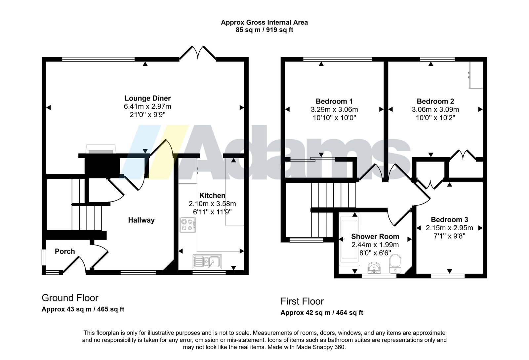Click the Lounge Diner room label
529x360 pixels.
(147, 98)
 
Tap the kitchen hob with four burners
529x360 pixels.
(187, 225)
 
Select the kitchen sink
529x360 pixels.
(207, 262)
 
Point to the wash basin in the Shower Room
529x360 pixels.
(374, 268)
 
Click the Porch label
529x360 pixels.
(65, 251)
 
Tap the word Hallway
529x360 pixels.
(141, 220)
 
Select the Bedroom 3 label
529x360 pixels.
(449, 220)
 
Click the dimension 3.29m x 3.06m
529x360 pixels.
(334, 110)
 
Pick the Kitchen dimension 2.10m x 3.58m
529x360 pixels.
(212, 203)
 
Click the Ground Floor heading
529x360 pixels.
(70, 298)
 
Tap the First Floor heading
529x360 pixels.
(302, 301)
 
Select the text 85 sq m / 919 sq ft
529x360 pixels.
(264, 30)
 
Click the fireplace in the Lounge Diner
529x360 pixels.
(101, 149)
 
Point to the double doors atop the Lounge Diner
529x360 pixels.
(198, 53)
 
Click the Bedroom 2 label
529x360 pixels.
(435, 101)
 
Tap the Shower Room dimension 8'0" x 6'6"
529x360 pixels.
(375, 253)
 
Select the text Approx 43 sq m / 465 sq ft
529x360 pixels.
(83, 309)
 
